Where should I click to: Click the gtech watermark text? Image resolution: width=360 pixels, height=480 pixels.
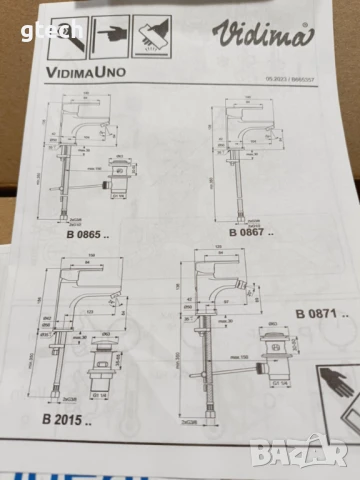pos(21,10)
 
